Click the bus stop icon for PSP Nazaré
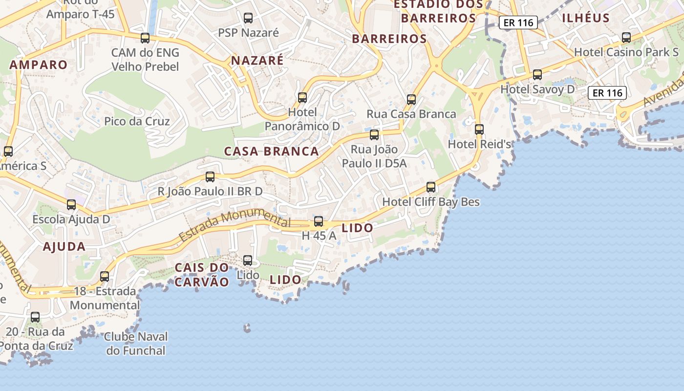248,19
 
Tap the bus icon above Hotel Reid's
479,130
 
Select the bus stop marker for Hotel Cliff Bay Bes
431,187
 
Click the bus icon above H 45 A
319,221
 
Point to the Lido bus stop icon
248,261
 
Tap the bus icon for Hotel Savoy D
537,75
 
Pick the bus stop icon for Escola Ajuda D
71,205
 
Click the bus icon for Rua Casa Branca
411,100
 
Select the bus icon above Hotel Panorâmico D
302,98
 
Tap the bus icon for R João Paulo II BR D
210,177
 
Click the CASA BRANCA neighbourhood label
271,152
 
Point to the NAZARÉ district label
257,61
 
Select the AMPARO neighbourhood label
39,65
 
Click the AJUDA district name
64,247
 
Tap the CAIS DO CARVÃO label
202,275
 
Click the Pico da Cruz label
137,121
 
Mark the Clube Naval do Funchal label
136,344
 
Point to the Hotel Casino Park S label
626,52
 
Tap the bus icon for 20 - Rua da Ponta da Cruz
35,317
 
